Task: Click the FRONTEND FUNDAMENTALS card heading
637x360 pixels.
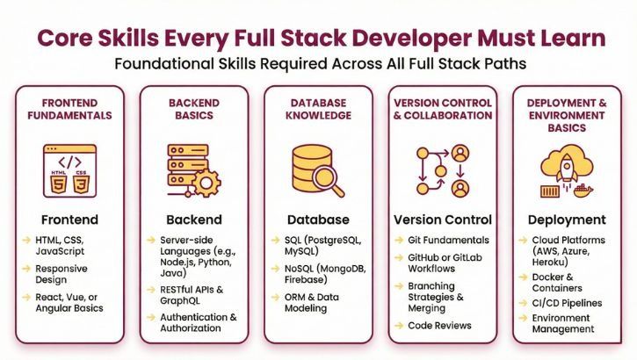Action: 69,109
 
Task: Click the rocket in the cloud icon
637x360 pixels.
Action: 566,165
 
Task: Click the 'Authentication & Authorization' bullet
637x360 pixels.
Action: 198,322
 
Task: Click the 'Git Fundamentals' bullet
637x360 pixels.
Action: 448,240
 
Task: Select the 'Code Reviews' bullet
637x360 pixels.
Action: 439,325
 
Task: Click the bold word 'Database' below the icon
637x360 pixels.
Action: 318,219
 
